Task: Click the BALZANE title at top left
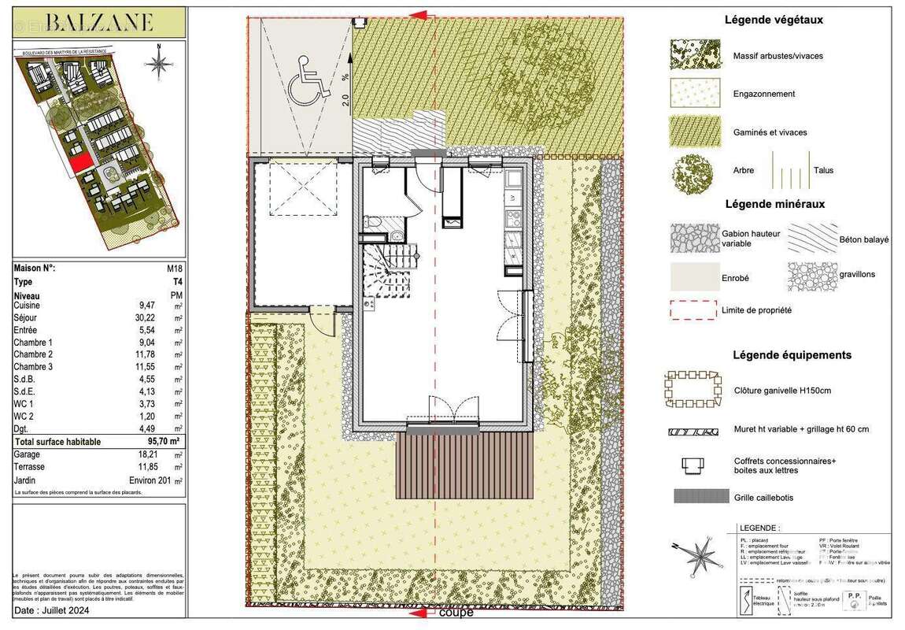[x=98, y=21]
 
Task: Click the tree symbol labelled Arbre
[x=692, y=170]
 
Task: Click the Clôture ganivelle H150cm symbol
[x=693, y=390]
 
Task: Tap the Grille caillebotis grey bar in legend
[x=700, y=496]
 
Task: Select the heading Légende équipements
[x=792, y=355]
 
